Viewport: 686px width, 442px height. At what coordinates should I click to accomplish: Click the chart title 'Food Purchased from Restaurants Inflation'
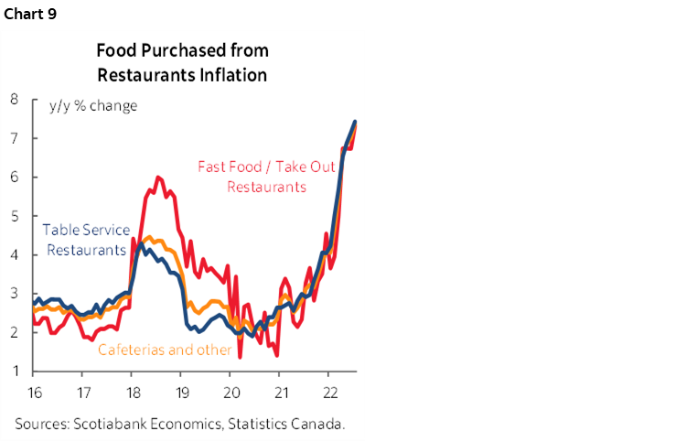tap(182, 62)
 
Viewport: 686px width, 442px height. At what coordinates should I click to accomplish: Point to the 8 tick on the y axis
tap(16, 100)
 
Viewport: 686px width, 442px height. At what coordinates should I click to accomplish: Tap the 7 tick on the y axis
tap(16, 138)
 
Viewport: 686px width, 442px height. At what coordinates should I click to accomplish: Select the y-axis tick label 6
tap(16, 178)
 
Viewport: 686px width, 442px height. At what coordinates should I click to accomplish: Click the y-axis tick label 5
tap(16, 216)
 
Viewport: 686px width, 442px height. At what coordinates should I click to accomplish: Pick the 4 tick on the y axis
tap(16, 255)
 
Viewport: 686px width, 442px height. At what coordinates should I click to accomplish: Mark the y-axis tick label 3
tap(16, 294)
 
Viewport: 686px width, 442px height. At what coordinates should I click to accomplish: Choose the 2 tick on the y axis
tap(16, 333)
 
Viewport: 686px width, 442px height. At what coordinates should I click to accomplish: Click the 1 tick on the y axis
tap(16, 372)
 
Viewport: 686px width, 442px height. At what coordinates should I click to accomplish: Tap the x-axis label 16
tap(33, 390)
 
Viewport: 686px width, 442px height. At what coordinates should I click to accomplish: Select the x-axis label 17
tap(82, 390)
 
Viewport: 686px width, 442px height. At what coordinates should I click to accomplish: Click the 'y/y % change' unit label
tap(93, 105)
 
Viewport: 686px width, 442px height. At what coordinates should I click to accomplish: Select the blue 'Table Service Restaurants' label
tap(88, 240)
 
